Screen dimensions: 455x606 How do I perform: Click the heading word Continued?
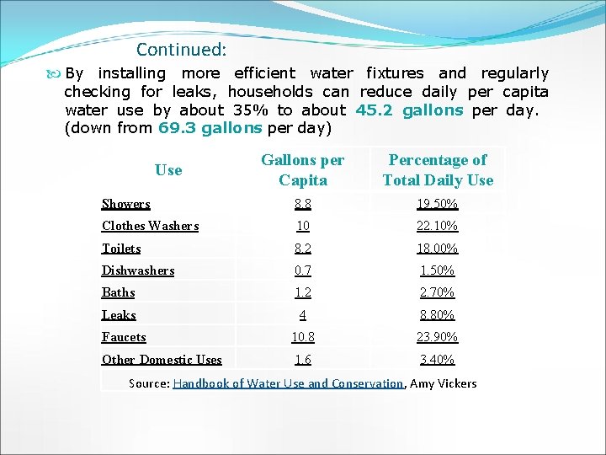tap(181, 50)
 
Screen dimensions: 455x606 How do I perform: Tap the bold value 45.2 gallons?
tap(409, 110)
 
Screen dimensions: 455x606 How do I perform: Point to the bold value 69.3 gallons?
tap(210, 129)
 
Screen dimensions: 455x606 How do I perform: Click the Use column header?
tap(168, 170)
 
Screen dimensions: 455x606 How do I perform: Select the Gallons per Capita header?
tap(303, 170)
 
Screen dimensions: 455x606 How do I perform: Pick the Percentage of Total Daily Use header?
tap(438, 170)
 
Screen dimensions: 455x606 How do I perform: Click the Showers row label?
tap(126, 204)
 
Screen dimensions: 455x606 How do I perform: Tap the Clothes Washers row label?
tap(150, 226)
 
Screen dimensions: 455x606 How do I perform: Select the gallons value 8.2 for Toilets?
tap(303, 249)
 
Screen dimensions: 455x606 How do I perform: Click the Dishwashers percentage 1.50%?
tap(438, 270)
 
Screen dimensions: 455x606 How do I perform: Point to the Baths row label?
tap(119, 292)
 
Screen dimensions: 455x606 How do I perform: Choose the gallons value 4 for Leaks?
tap(303, 315)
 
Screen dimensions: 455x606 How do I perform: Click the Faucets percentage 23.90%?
tap(438, 337)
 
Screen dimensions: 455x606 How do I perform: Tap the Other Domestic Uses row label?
tap(162, 360)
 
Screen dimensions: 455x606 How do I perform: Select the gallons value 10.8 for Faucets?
tap(303, 337)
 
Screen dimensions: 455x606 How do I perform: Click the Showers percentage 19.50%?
tap(438, 204)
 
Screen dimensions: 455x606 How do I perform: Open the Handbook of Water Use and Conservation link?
tap(288, 383)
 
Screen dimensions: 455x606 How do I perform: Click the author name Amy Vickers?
tap(443, 383)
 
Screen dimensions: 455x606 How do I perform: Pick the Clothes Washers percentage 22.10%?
tap(438, 226)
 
